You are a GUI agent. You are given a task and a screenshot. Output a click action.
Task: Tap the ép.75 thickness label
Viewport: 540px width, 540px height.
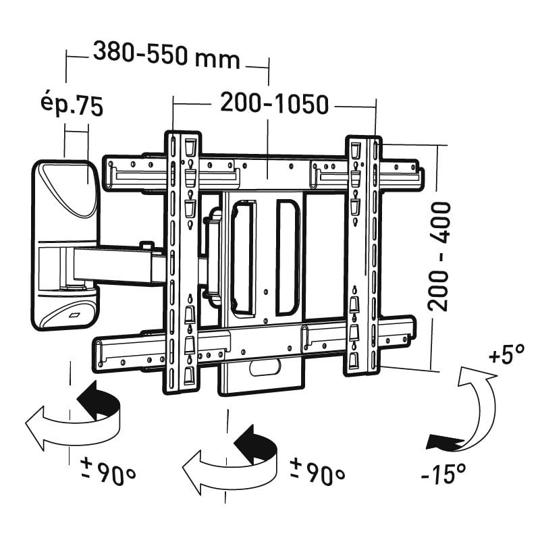coord(71,106)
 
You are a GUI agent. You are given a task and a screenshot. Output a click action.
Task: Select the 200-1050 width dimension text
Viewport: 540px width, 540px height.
coord(274,104)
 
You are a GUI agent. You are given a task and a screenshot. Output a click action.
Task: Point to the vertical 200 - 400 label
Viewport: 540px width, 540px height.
coord(439,256)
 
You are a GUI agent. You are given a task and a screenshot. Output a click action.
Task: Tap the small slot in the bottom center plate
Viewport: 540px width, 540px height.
coord(264,369)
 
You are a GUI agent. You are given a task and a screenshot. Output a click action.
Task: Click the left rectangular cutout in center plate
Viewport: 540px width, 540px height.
coord(243,257)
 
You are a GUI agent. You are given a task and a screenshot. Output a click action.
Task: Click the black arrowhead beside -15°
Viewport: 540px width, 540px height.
coord(442,442)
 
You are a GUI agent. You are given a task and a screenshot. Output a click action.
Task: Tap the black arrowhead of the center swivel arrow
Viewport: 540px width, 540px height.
coord(252,442)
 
